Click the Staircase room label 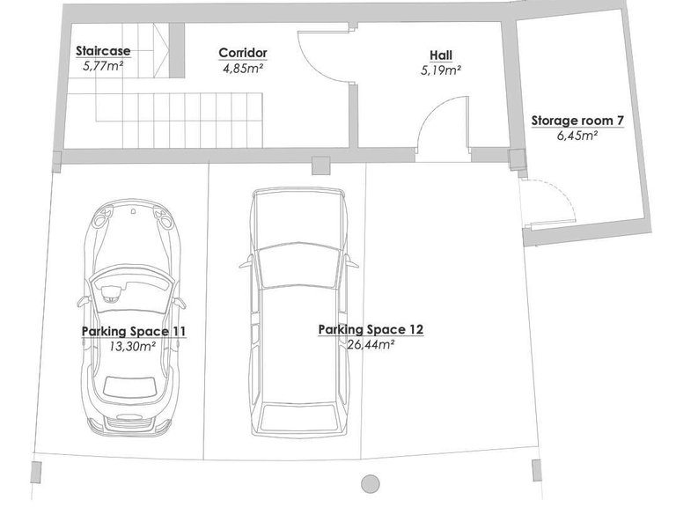coord(103,51)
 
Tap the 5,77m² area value coord(103,66)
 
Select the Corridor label coord(243,53)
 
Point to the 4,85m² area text coord(243,69)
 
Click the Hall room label coord(441,55)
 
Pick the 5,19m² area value coord(441,70)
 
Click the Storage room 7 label coord(577,121)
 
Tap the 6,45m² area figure coord(577,136)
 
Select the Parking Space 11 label coord(134,332)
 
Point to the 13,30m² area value coord(132,346)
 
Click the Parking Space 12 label coord(371,330)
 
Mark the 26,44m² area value coord(371,345)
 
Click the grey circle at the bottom coord(370,484)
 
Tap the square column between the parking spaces coord(320,165)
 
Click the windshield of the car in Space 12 coord(298,265)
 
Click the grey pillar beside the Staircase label coord(177,50)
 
